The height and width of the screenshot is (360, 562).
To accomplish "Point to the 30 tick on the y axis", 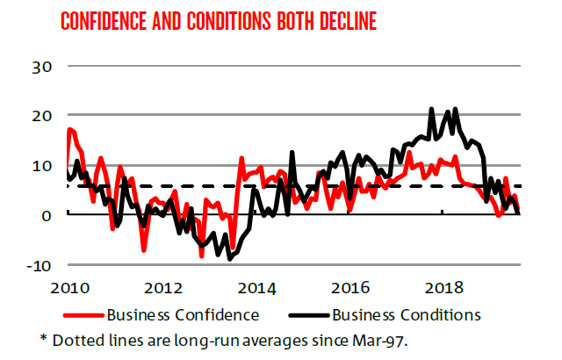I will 42,66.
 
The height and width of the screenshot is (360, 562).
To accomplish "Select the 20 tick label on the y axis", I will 42,115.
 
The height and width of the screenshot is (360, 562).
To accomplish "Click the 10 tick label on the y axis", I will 42,165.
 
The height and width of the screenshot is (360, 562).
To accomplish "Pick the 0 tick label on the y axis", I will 48,214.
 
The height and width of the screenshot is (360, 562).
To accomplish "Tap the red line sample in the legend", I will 83,313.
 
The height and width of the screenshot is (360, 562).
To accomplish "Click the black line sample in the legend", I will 315,313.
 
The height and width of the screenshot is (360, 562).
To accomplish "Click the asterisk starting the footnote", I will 43,336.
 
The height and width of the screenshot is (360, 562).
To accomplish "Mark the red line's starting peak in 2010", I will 70,129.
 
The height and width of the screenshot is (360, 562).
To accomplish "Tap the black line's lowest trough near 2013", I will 230,259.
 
